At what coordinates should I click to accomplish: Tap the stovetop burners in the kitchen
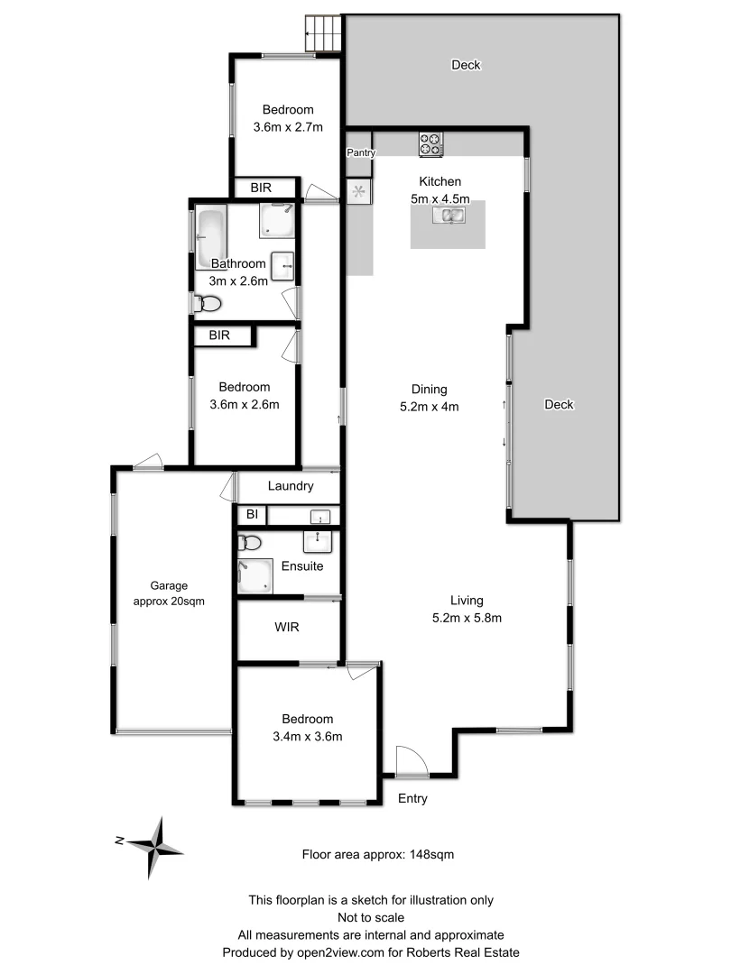430,143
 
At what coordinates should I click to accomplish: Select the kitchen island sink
449,215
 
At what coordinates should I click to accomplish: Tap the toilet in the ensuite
248,543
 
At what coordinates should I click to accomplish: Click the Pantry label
360,153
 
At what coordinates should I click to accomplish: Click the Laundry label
291,486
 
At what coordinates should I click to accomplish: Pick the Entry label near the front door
412,798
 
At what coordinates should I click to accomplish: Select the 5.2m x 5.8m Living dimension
467,618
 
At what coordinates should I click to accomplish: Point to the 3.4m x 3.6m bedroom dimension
307,736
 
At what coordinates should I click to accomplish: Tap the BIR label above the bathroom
261,188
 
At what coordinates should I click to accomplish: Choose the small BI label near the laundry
250,515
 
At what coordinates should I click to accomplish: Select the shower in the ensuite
254,575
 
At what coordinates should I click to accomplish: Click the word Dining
430,390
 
